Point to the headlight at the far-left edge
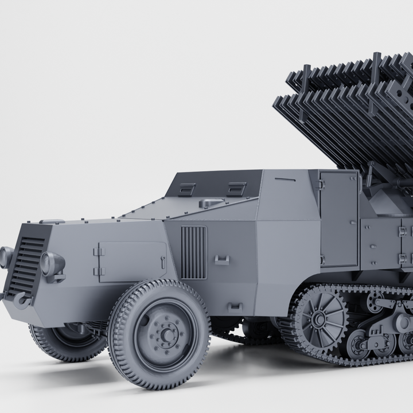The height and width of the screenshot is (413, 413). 6,258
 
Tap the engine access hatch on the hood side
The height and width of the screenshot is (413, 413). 131,261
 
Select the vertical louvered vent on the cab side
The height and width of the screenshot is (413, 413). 193,252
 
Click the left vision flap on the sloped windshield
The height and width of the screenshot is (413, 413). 186,190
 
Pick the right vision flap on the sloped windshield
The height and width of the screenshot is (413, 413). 236,189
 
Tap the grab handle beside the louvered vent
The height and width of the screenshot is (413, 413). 222,260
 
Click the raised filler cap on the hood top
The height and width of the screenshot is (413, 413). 211,202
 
